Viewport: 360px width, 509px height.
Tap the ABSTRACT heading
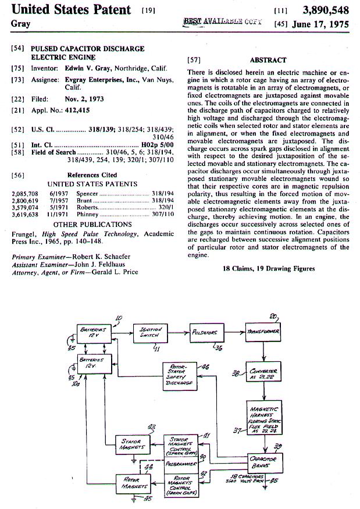coord(268,60)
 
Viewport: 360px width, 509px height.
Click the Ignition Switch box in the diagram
coord(151,333)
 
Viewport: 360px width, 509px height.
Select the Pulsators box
coord(205,333)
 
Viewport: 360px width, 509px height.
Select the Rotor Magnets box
coord(132,482)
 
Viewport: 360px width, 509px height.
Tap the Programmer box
coord(181,464)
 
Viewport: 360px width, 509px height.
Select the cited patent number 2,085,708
coord(24,193)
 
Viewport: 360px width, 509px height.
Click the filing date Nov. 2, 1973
coord(84,99)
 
